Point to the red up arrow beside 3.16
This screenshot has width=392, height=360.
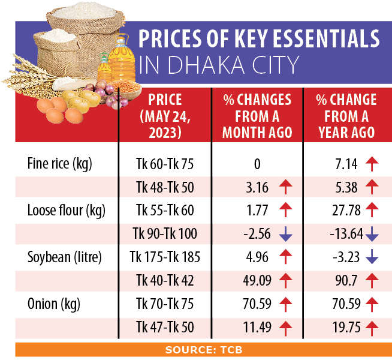286,187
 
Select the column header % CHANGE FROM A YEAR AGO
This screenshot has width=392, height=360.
346,116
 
